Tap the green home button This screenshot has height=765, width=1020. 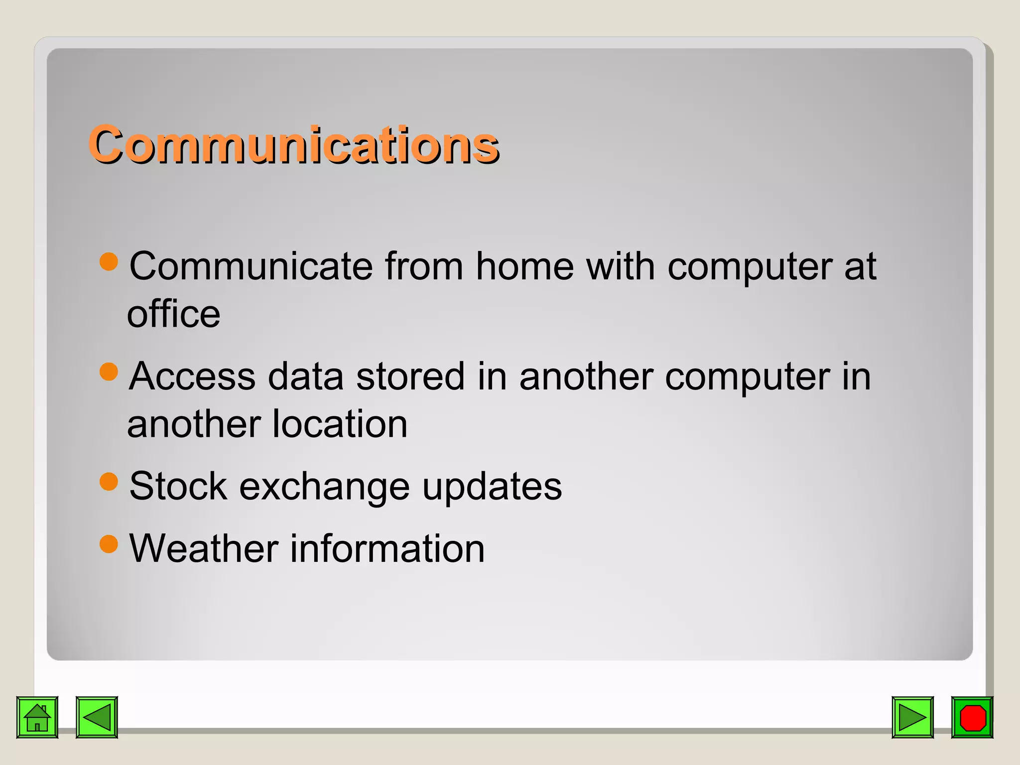pos(37,717)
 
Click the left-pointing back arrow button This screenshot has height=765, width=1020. pos(97,717)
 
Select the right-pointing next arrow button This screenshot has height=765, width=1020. pos(912,717)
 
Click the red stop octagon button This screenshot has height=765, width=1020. pos(972,717)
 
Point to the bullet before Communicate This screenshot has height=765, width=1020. pos(109,261)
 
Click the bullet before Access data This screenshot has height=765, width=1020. pos(109,371)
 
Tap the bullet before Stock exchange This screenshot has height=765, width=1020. pos(109,481)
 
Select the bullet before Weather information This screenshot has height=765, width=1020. pos(109,543)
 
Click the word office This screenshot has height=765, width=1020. pos(173,314)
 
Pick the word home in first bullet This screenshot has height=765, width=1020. pos(525,266)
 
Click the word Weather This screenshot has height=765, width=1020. pos(204,548)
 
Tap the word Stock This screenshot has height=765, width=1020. pos(178,486)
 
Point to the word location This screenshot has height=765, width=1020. pos(340,424)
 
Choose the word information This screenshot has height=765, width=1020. pos(387,548)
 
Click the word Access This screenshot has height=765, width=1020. pos(192,377)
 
